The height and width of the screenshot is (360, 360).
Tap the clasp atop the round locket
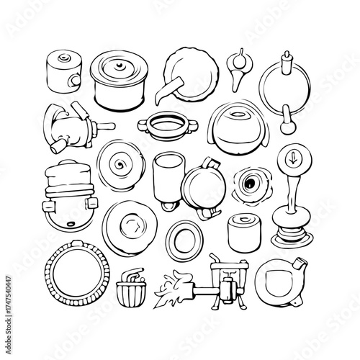coord(210,161)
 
